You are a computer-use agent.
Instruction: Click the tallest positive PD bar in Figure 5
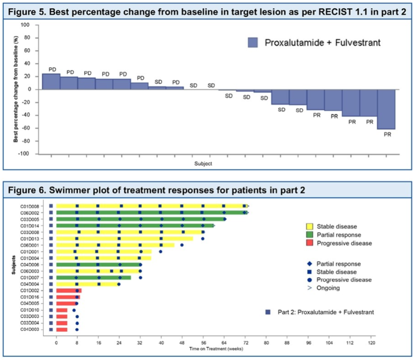51,82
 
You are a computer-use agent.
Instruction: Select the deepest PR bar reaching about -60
386,109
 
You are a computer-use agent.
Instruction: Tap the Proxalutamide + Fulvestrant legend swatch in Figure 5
253,42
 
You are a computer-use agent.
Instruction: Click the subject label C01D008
30,206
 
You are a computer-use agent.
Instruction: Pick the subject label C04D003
30,330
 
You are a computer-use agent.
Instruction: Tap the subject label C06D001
30,245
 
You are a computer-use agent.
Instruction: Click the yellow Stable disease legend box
309,226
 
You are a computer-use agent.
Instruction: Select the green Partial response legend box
309,235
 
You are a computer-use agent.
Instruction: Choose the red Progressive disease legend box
309,243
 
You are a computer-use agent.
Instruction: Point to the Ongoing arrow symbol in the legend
309,288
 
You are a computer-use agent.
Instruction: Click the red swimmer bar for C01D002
69,291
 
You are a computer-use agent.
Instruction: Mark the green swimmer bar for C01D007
93,278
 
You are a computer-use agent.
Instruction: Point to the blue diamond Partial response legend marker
309,264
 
